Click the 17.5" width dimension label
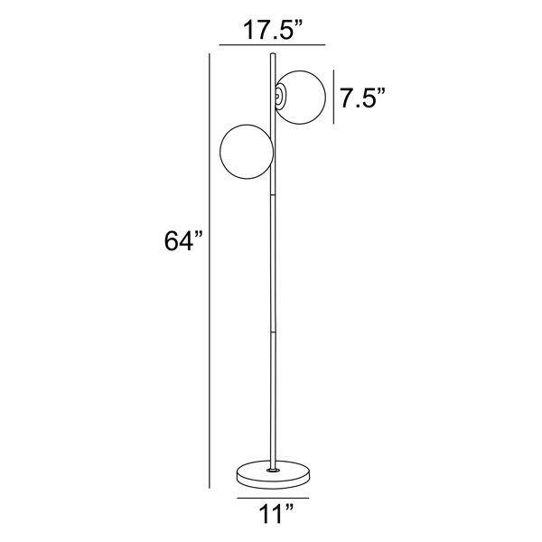[x=273, y=30]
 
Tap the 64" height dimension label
[x=183, y=241]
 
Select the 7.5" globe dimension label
[x=362, y=98]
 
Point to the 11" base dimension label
[x=276, y=515]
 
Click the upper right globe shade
[x=300, y=98]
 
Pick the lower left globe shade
[x=247, y=152]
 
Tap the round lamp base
[x=273, y=474]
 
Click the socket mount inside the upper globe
[x=280, y=98]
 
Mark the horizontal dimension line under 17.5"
[x=273, y=45]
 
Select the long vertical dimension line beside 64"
[x=210, y=271]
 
